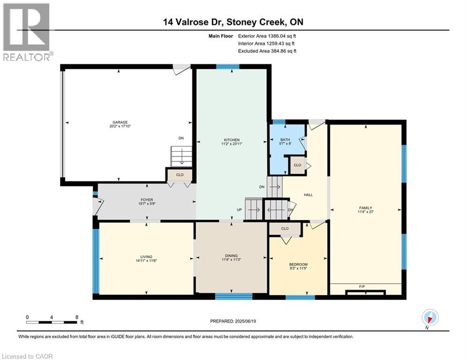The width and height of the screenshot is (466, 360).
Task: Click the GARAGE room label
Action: pyautogui.click(x=120, y=122)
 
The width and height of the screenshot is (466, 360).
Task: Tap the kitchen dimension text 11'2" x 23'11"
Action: pyautogui.click(x=231, y=144)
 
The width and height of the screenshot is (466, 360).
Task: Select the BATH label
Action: pyautogui.click(x=285, y=140)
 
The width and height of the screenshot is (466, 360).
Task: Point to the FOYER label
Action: pyautogui.click(x=147, y=200)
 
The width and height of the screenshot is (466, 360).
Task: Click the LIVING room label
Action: pyautogui.click(x=146, y=257)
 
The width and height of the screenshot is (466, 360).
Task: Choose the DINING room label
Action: pyautogui.click(x=231, y=255)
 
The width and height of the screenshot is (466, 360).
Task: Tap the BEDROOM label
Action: pyautogui.click(x=298, y=264)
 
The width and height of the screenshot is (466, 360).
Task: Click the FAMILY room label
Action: pyautogui.click(x=366, y=208)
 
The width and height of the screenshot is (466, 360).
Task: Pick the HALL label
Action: pyautogui.click(x=308, y=195)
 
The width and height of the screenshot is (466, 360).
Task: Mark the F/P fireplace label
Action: pyautogui.click(x=362, y=286)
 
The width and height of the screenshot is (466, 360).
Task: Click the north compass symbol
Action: pyautogui.click(x=430, y=317)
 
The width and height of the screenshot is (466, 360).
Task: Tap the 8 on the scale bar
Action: pyautogui.click(x=77, y=317)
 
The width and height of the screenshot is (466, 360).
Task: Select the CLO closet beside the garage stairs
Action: pyautogui.click(x=180, y=175)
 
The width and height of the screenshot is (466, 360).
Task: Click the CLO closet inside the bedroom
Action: pyautogui.click(x=285, y=228)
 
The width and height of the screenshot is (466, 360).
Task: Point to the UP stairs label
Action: pyautogui.click(x=239, y=210)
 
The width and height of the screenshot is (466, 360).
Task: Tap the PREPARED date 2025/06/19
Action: pyautogui.click(x=245, y=321)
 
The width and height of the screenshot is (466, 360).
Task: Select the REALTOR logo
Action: pyautogui.click(x=28, y=32)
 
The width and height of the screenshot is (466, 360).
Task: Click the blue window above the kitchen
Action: pyautogui.click(x=228, y=67)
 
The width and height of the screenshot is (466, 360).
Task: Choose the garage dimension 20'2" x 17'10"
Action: pyautogui.click(x=120, y=126)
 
